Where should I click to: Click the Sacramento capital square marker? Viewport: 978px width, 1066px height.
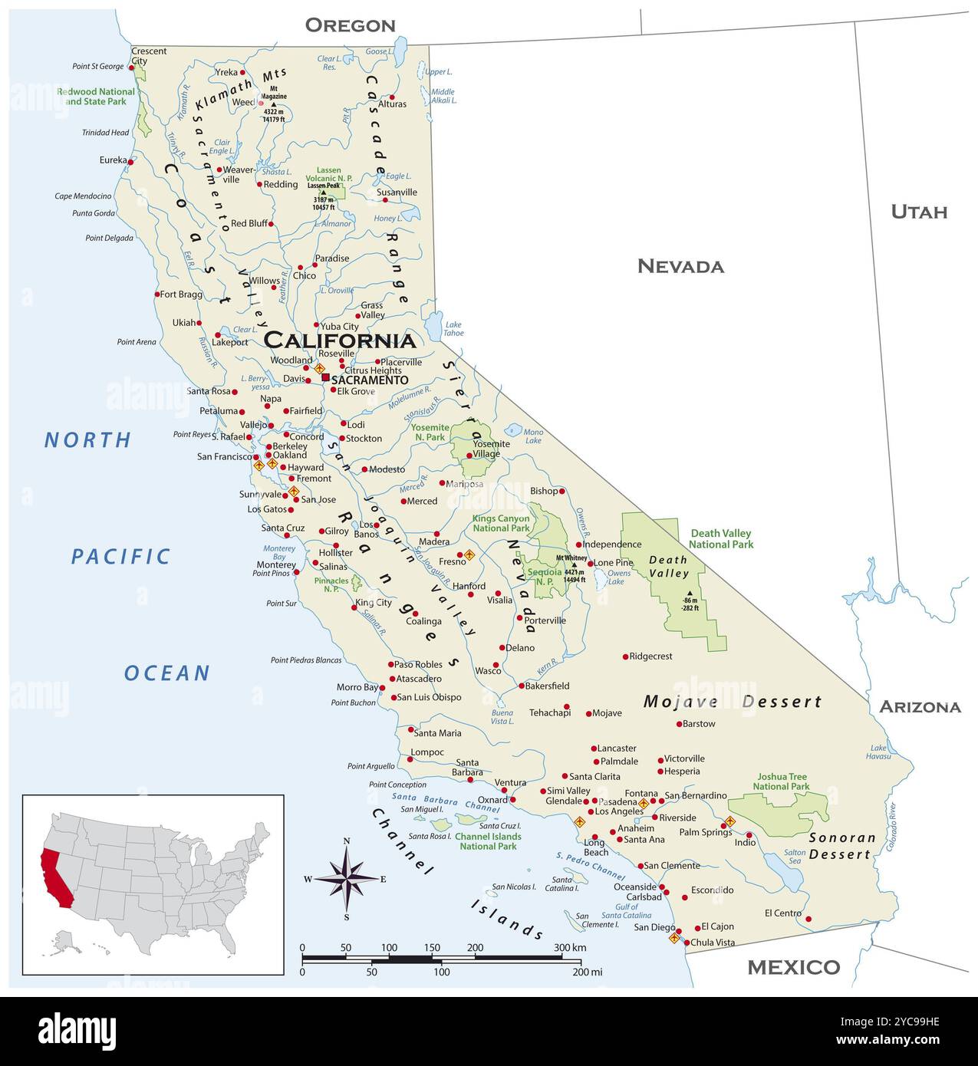coord(325,377)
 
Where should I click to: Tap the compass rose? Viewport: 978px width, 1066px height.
coord(347,879)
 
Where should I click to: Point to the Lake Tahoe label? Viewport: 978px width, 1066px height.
coord(454,328)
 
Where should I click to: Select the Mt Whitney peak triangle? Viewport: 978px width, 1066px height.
coord(574,564)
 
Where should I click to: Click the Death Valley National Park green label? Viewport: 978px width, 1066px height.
coord(720,538)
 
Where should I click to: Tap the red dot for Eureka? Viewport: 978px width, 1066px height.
coord(131,162)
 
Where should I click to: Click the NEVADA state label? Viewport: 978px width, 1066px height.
coord(680,266)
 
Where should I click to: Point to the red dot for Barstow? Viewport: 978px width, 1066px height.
coord(679,723)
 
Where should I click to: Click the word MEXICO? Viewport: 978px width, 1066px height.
coord(793,967)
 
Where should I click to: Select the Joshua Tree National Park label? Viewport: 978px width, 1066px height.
coord(781,781)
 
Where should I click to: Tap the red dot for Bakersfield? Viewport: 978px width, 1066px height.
coord(521,686)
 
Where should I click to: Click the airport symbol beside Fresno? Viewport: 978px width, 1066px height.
coord(469,554)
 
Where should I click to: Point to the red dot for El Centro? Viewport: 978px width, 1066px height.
coord(808,919)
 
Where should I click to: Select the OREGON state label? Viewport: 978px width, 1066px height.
coord(350,25)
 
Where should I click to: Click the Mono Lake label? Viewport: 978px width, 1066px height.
coord(533,436)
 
